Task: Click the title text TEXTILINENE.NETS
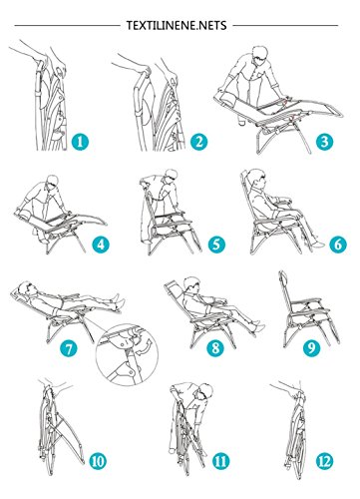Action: click(177, 25)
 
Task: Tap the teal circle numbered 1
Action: click(80, 142)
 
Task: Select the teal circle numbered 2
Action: click(198, 142)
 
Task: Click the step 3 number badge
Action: click(324, 142)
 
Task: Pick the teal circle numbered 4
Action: click(101, 245)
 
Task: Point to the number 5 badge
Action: click(216, 245)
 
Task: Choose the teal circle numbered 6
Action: click(338, 245)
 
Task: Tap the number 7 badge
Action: click(68, 348)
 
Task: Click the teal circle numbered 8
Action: click(215, 348)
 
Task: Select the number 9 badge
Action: click(311, 348)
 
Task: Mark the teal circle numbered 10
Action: click(98, 461)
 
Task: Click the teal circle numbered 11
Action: click(220, 461)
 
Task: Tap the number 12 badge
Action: click(324, 461)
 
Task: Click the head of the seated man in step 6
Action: click(256, 178)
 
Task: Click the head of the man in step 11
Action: click(204, 394)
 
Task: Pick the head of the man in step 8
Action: click(190, 284)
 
